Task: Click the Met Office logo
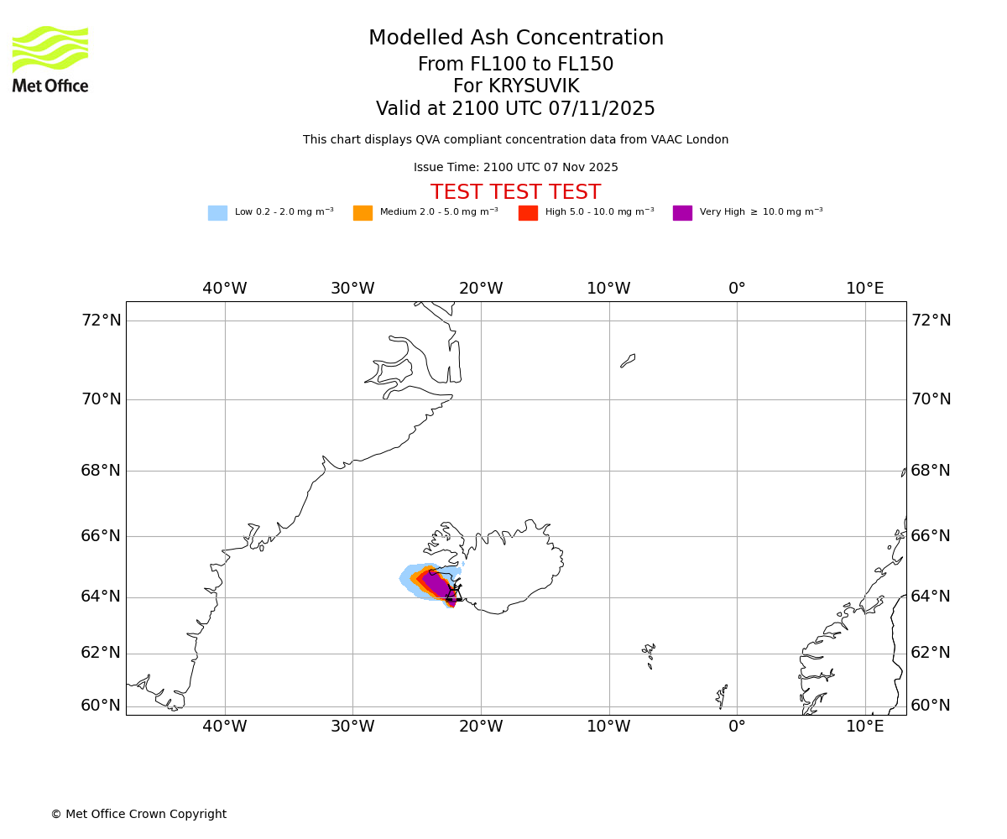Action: click(50, 59)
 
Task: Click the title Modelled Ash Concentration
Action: click(516, 39)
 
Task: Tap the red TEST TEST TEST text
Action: click(515, 193)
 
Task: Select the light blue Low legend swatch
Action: click(217, 213)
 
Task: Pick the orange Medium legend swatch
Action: click(363, 213)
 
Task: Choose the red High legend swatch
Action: click(528, 213)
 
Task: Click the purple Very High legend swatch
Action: click(682, 213)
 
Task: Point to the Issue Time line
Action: click(515, 168)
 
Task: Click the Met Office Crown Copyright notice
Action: click(138, 815)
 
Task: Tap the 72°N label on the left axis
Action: click(101, 320)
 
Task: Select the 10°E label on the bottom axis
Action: click(865, 727)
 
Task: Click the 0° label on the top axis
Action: click(737, 289)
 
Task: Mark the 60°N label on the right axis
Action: click(931, 706)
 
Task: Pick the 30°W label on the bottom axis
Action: click(352, 727)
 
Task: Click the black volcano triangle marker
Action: click(454, 593)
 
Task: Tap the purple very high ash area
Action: click(437, 583)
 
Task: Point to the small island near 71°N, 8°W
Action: click(628, 361)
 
